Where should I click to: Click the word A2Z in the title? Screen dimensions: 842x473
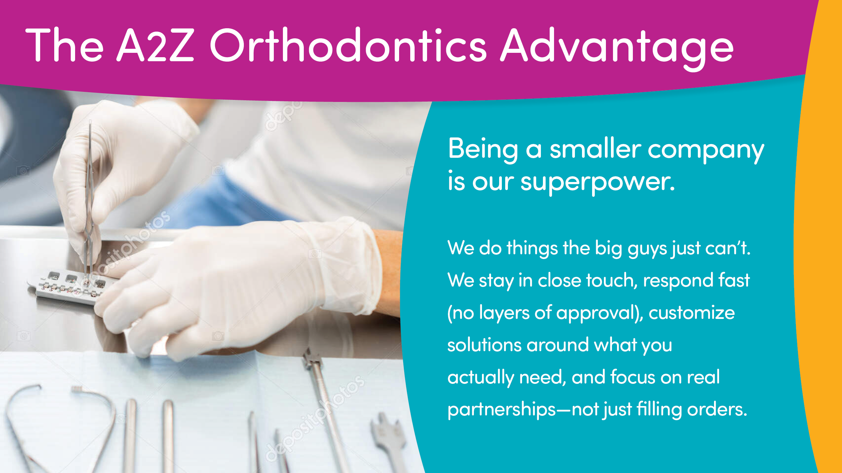pyautogui.click(x=156, y=45)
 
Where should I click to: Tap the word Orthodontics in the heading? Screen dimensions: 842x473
pyautogui.click(x=348, y=45)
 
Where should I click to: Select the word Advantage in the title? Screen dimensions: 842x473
pyautogui.click(x=616, y=49)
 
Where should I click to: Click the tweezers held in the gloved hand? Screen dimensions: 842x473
pyautogui.click(x=89, y=198)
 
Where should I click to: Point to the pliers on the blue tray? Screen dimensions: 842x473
pyautogui.click(x=61, y=429)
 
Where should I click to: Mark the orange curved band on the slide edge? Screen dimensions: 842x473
pyautogui.click(x=818, y=235)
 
